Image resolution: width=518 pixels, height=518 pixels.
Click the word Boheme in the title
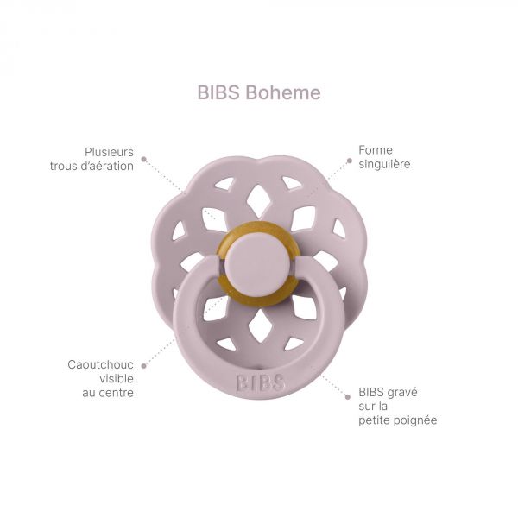(283, 92)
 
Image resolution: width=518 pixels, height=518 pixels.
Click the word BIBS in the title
(218, 92)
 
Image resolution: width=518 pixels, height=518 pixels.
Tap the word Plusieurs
(109, 152)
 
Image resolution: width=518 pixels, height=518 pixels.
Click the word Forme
(376, 150)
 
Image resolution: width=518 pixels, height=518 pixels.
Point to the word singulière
(384, 164)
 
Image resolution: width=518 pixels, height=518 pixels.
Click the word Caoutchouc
(100, 364)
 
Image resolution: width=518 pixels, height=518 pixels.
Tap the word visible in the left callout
(117, 379)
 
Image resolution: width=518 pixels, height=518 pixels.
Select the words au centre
(108, 393)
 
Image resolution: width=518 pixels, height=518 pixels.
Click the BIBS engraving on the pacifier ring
(261, 382)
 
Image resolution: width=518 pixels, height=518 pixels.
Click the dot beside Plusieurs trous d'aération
(143, 159)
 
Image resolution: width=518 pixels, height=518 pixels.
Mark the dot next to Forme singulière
(350, 161)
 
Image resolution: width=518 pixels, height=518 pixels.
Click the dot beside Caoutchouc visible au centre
(143, 366)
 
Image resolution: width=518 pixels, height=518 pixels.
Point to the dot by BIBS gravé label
(348, 397)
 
